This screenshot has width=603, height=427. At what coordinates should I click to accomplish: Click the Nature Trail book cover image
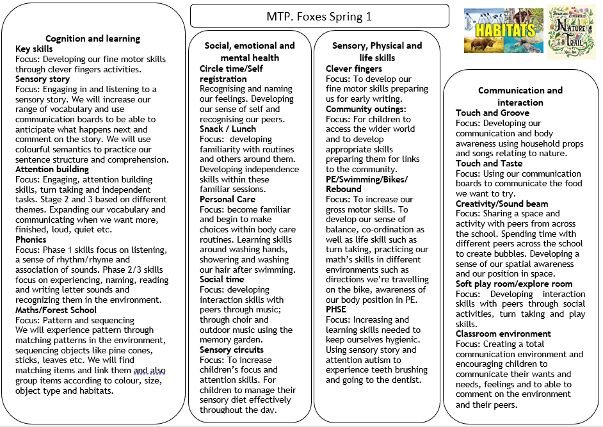pyautogui.click(x=571, y=32)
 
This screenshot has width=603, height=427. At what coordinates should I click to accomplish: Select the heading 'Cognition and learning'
pyautogui.click(x=93, y=38)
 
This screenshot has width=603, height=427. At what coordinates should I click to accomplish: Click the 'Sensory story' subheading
pyautogui.click(x=42, y=79)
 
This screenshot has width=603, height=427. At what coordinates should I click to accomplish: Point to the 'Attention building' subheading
pyautogui.click(x=52, y=169)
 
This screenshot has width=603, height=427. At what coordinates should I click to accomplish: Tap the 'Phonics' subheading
pyautogui.click(x=31, y=239)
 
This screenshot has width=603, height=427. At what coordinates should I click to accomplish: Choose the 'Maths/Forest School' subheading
pyautogui.click(x=56, y=310)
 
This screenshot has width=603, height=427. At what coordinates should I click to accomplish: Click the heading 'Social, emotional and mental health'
pyautogui.click(x=250, y=51)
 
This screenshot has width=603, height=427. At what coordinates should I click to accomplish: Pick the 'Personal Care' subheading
pyautogui.click(x=227, y=199)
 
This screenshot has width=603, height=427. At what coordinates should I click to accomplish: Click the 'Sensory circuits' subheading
pyautogui.click(x=231, y=350)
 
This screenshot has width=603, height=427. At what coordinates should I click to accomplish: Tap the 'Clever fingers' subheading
pyautogui.click(x=353, y=68)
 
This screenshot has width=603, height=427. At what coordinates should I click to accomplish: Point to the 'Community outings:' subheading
pyautogui.click(x=366, y=109)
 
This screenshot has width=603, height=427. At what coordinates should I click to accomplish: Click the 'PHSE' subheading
pyautogui.click(x=337, y=309)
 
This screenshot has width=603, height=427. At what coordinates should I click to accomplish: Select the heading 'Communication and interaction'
pyautogui.click(x=520, y=97)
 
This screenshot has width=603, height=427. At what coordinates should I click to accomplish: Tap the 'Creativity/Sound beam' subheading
pyautogui.click(x=502, y=204)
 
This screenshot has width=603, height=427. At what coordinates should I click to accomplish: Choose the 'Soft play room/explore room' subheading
pyautogui.click(x=514, y=284)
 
